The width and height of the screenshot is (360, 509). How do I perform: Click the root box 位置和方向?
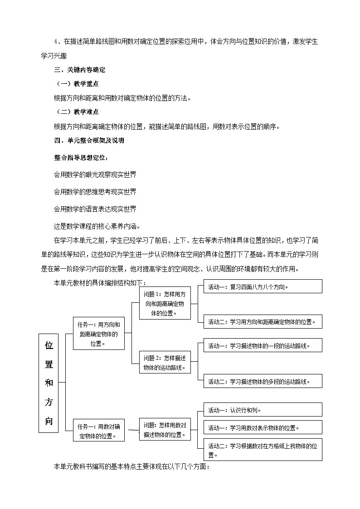click(x=49, y=383)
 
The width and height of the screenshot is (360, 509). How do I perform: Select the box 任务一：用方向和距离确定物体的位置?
click(x=98, y=333)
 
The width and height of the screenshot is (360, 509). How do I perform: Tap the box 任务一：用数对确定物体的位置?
click(x=98, y=430)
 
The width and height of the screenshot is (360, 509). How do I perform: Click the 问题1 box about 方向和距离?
click(x=164, y=303)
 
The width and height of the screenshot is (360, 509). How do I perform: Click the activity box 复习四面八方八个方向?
click(x=263, y=286)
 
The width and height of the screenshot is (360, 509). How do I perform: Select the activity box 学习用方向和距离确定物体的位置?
click(x=263, y=322)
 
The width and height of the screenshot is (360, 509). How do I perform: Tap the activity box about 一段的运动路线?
click(x=263, y=345)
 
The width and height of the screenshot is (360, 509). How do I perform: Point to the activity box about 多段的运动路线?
click(x=263, y=381)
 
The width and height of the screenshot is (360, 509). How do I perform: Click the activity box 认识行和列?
click(x=263, y=410)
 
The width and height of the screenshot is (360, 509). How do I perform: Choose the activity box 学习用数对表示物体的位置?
click(x=263, y=427)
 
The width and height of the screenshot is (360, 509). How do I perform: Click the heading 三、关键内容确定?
click(x=80, y=70)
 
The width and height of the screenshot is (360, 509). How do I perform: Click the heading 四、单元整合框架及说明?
click(x=89, y=141)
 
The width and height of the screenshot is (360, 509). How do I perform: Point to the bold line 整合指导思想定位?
click(x=81, y=158)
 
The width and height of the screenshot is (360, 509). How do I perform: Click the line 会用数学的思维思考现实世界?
click(x=95, y=192)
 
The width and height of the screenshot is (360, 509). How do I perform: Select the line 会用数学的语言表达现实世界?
click(x=95, y=209)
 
